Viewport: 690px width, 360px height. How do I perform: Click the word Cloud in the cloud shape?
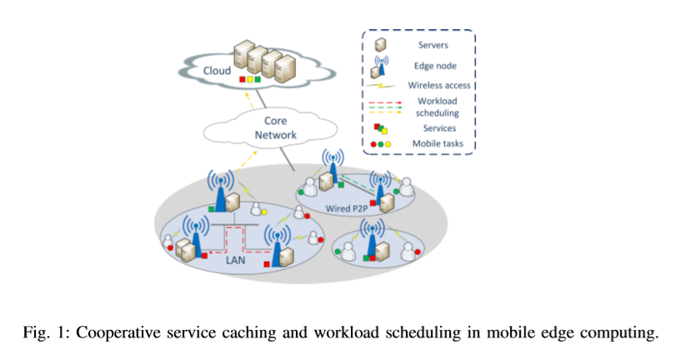pyautogui.click(x=217, y=71)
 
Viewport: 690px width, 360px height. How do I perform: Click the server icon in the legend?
pyautogui.click(x=379, y=45)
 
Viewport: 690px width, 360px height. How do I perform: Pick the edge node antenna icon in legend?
pyautogui.click(x=380, y=64)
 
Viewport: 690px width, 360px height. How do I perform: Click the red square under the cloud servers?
pyautogui.click(x=242, y=80)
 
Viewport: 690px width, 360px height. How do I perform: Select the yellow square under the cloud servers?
pyautogui.click(x=250, y=80)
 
